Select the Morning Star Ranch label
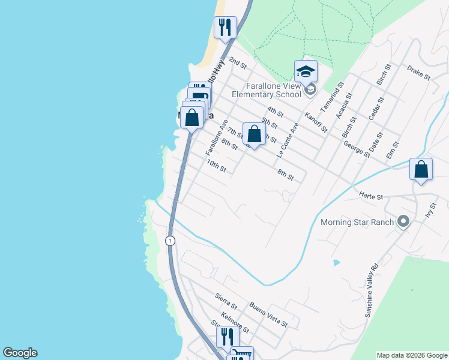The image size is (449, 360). (357, 223)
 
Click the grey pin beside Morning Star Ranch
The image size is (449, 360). (403, 222)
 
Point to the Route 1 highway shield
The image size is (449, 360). (171, 241)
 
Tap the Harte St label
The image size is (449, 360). (371, 196)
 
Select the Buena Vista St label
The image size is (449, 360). (269, 314)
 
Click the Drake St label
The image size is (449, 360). (418, 73)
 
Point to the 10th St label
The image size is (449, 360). (215, 166)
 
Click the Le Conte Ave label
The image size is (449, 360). (288, 140)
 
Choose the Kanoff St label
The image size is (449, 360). (316, 122)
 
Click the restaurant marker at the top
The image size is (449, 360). (225, 28)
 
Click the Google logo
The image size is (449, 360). (20, 353)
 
